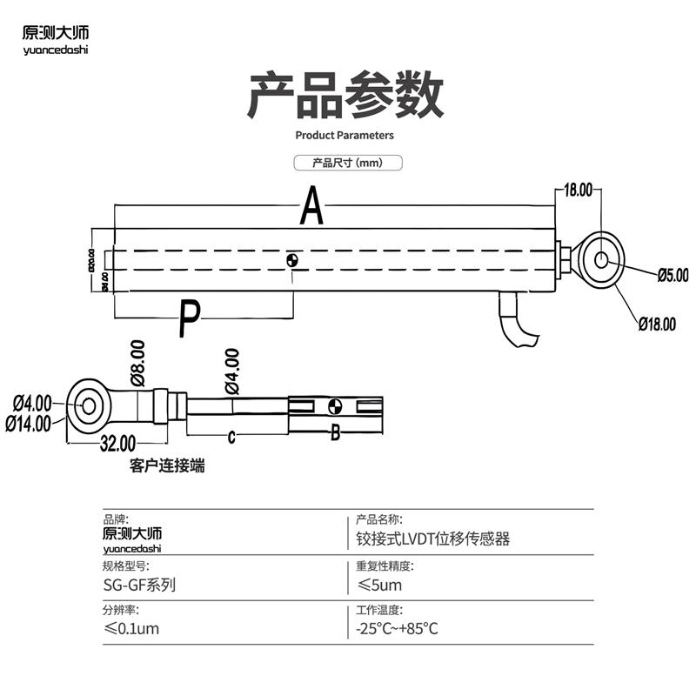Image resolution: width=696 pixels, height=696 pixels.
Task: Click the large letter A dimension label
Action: point(312,206)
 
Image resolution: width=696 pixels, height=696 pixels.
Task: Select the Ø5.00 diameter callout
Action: point(670,275)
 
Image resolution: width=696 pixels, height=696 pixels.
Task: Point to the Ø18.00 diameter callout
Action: point(657,325)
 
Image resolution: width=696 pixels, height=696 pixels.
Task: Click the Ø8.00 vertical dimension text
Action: point(137,363)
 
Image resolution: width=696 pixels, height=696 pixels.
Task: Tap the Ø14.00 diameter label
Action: point(29,424)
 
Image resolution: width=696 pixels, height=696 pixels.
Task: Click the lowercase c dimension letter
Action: point(231,438)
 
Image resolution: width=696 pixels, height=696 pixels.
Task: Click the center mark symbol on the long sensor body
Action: point(293,260)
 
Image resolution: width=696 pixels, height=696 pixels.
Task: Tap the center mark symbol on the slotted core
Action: point(335,406)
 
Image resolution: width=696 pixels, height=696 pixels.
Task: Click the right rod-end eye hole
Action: point(601,259)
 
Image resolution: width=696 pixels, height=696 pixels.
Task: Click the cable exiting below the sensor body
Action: point(513,322)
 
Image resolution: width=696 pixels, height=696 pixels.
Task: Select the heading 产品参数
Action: point(345,96)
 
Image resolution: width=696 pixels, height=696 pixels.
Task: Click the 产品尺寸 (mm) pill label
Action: point(347,163)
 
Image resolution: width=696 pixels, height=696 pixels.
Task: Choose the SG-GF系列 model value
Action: point(139,586)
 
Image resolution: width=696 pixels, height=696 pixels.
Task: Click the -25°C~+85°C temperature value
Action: point(397,629)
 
